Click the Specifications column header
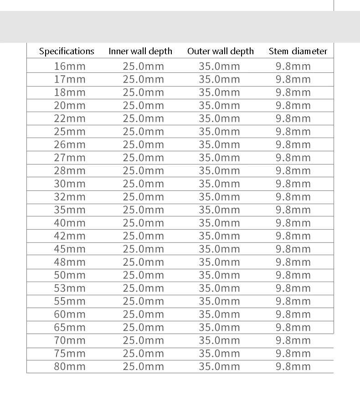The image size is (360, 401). pos(67,51)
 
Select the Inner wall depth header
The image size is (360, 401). pos(140,51)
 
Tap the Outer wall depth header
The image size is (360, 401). pos(221,51)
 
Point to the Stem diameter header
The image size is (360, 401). pos(298,51)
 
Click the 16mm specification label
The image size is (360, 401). pos(70,66)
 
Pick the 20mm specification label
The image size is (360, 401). pos(70,105)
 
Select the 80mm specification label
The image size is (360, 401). pos(70,366)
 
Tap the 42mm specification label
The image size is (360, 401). pos(70,236)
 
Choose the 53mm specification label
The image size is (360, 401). pos(70,288)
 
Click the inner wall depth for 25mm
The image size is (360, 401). pos(143,132)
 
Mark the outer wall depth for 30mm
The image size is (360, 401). pos(219,184)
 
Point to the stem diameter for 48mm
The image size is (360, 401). pos(293,262)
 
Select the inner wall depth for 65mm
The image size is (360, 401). pos(143,327)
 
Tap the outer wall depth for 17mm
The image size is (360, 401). pos(219,79)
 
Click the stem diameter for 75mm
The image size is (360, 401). pos(293,353)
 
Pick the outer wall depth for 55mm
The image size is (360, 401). pos(219,301)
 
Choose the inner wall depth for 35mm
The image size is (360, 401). pos(143,210)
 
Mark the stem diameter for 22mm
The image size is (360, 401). pos(293,118)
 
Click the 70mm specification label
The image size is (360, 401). pos(70,340)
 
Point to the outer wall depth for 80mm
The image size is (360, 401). pos(219,366)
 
